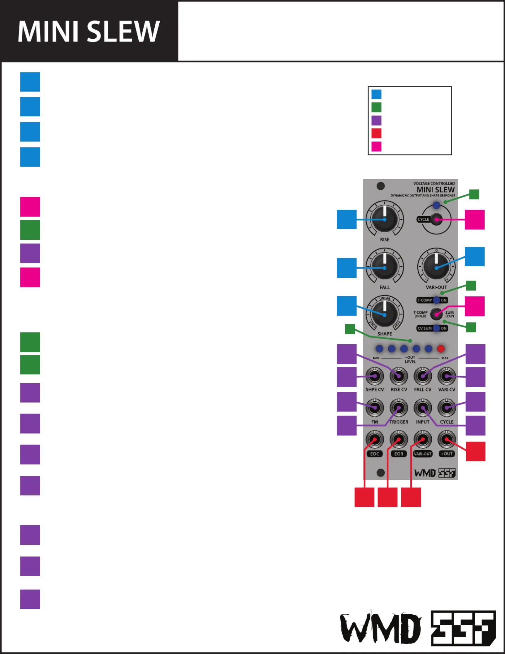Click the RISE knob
pyautogui.click(x=384, y=220)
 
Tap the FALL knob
pyautogui.click(x=384, y=268)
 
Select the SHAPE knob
pyautogui.click(x=384, y=315)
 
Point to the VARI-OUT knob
pyautogui.click(x=436, y=268)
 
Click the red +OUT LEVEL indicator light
pyautogui.click(x=441, y=349)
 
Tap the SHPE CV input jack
pyautogui.click(x=375, y=376)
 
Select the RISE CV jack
pyautogui.click(x=399, y=376)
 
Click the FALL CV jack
pyautogui.click(x=423, y=376)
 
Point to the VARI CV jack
pyautogui.click(x=447, y=376)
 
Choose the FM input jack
pyautogui.click(x=375, y=408)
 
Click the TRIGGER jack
pyautogui.click(x=399, y=408)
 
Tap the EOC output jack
pyautogui.click(x=375, y=439)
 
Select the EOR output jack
pyautogui.click(x=399, y=439)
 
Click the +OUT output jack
pyautogui.click(x=447, y=439)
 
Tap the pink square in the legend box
pyautogui.click(x=376, y=146)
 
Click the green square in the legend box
pyautogui.click(x=376, y=107)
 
